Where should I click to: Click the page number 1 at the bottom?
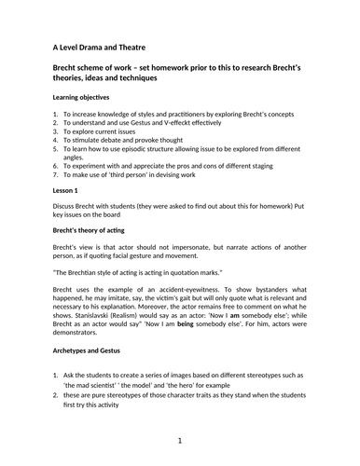[179, 439]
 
